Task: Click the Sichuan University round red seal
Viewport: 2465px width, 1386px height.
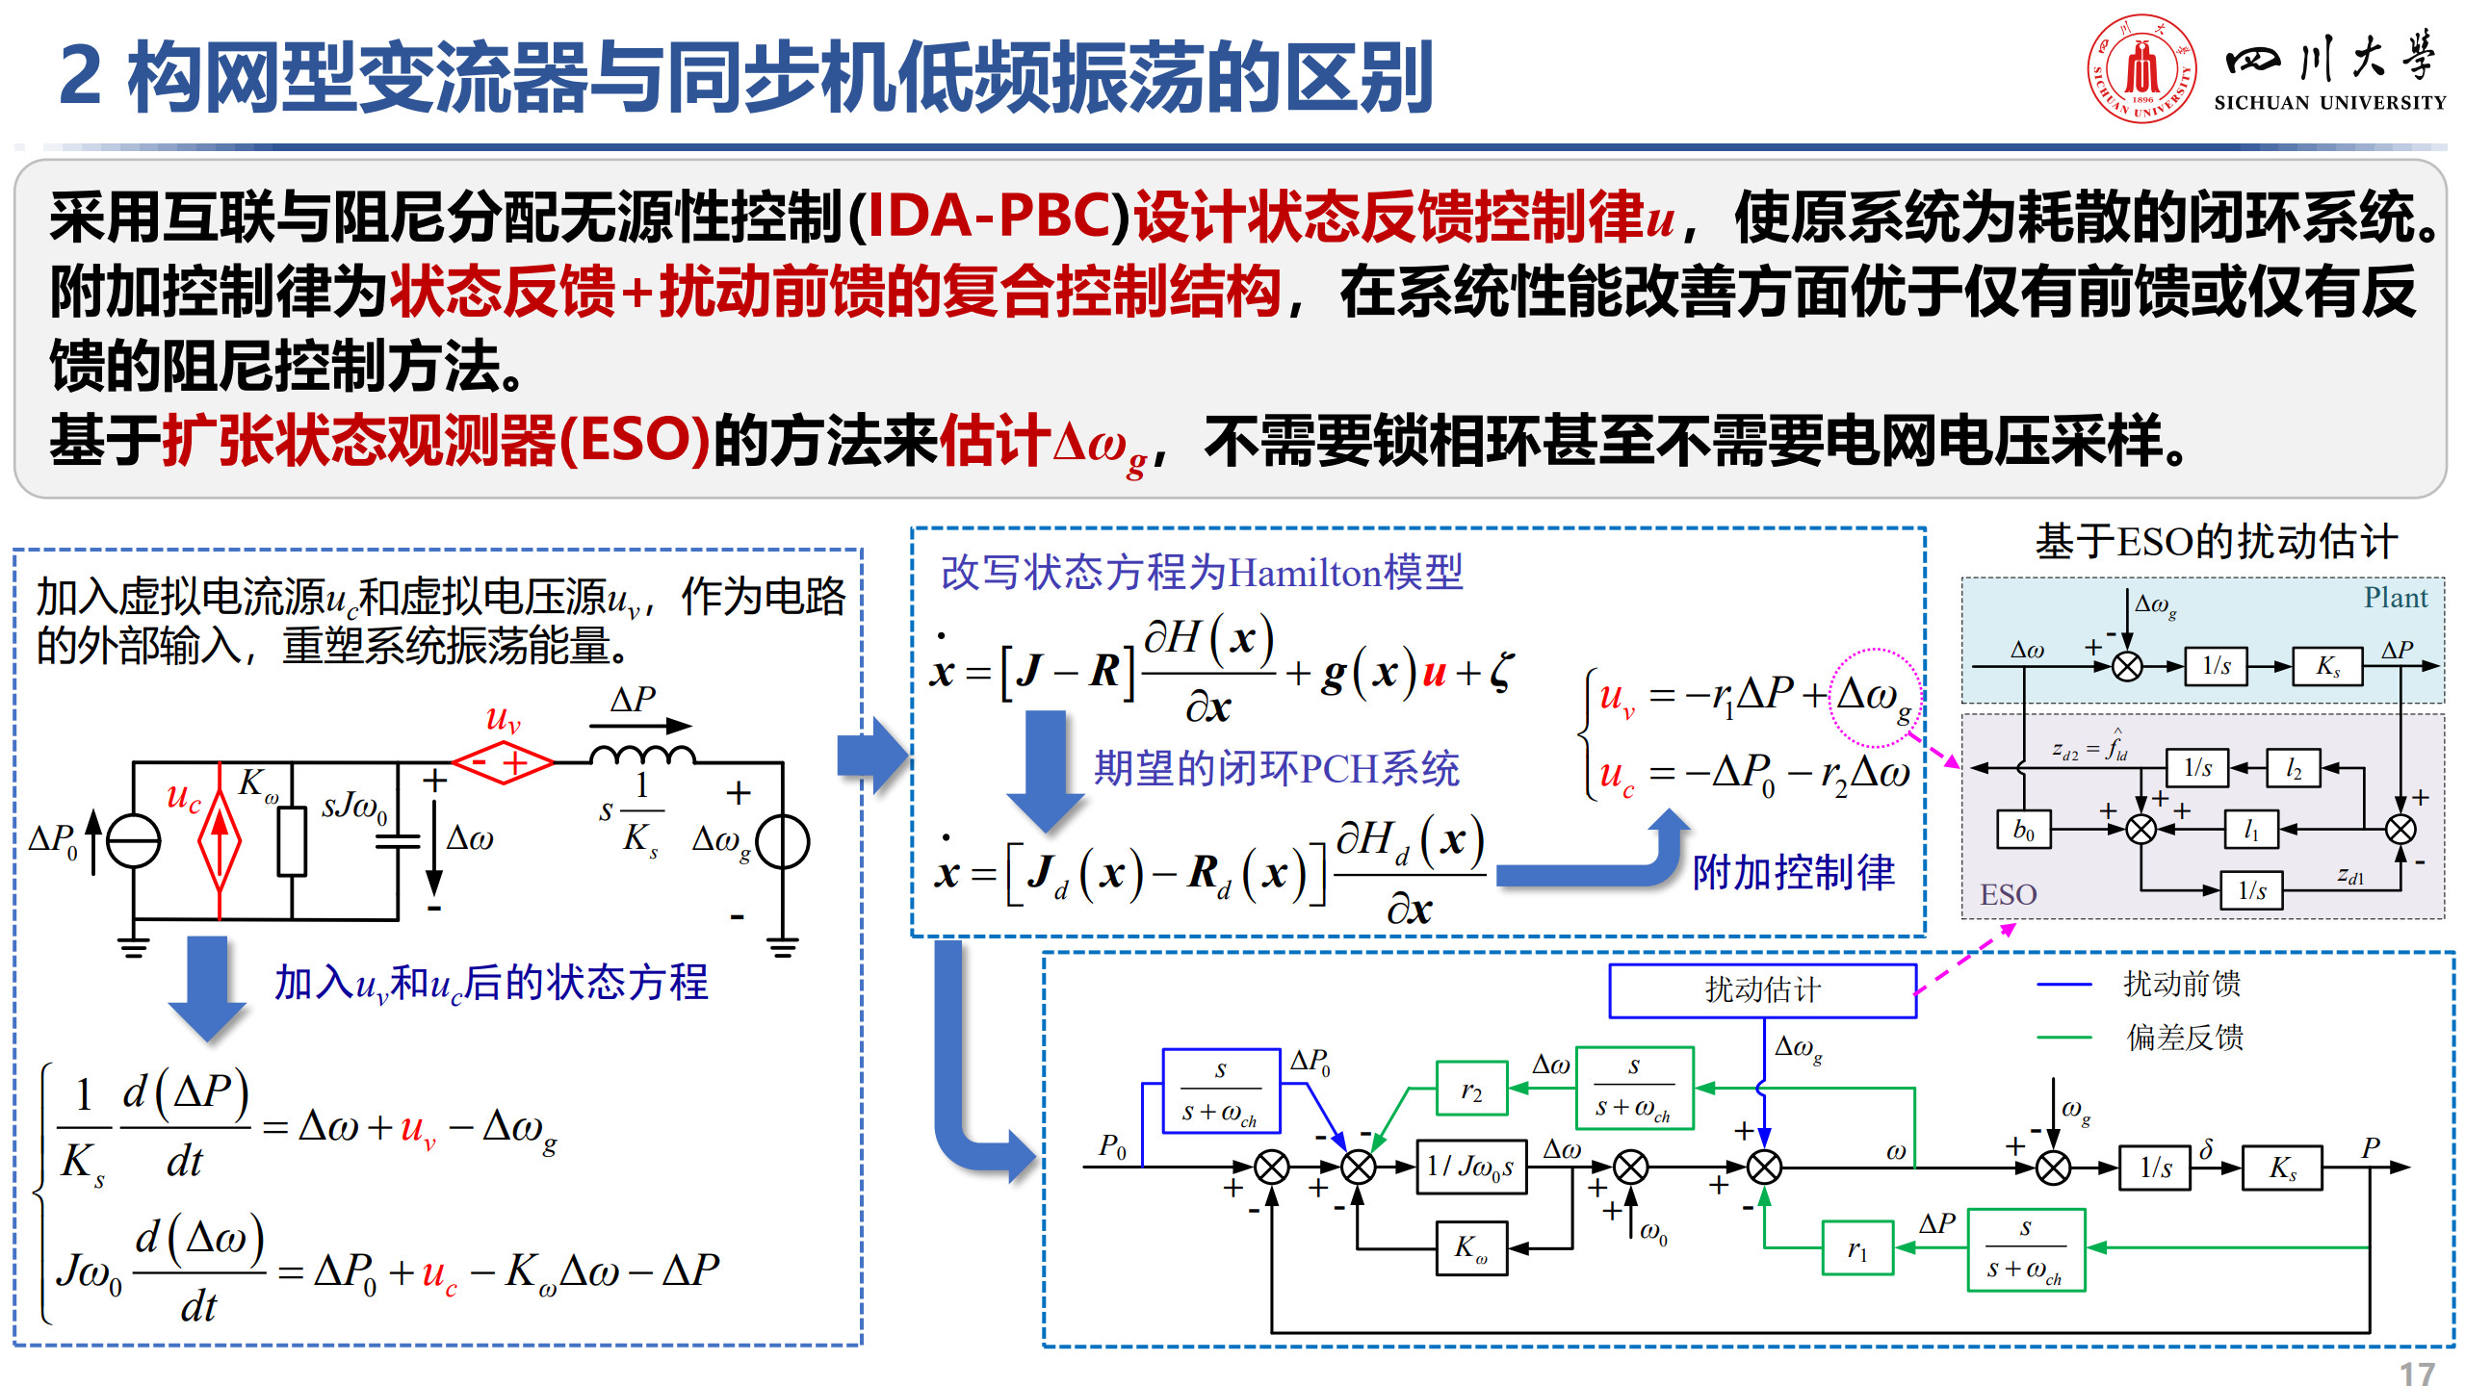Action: [x=2141, y=68]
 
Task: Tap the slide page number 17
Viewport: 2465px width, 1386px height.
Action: [x=2417, y=1373]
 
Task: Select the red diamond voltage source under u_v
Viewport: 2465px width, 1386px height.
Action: [x=503, y=763]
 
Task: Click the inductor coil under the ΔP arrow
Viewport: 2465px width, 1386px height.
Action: [x=641, y=755]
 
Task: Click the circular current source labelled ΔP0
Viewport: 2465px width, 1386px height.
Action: [x=133, y=840]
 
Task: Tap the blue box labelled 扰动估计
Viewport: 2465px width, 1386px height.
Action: [x=1762, y=990]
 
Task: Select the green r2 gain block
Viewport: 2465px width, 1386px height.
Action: [x=1471, y=1089]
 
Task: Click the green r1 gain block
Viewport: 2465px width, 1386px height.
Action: [x=1857, y=1248]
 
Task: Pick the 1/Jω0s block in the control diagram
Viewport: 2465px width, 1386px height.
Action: [x=1470, y=1168]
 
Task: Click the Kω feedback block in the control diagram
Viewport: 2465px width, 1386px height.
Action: [x=1471, y=1248]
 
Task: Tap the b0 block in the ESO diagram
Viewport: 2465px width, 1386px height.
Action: [x=2023, y=829]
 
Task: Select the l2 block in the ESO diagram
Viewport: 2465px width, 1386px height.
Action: [x=2294, y=767]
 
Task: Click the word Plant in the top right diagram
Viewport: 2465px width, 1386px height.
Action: [x=2396, y=598]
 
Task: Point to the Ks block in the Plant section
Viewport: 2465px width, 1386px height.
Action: [x=2327, y=666]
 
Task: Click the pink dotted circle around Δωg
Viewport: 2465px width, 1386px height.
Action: [x=1874, y=697]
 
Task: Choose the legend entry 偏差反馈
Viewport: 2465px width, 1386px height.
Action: [x=2184, y=1037]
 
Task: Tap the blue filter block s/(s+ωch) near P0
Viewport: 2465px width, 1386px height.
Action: [x=1221, y=1091]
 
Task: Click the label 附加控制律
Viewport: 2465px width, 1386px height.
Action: [x=1793, y=872]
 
